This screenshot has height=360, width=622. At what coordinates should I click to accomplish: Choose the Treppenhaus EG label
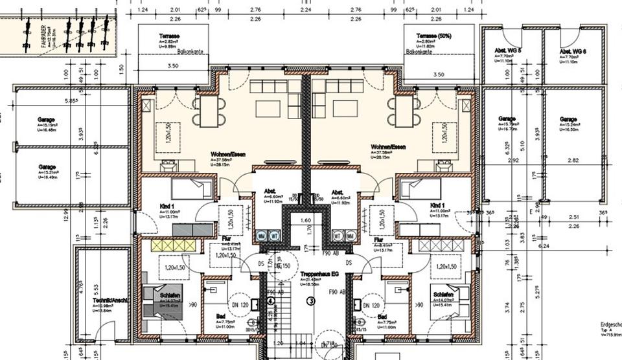click(x=318, y=275)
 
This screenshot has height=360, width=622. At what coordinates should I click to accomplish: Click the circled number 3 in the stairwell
click(x=310, y=300)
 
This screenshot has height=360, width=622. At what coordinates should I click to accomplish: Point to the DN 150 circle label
click(x=281, y=265)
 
